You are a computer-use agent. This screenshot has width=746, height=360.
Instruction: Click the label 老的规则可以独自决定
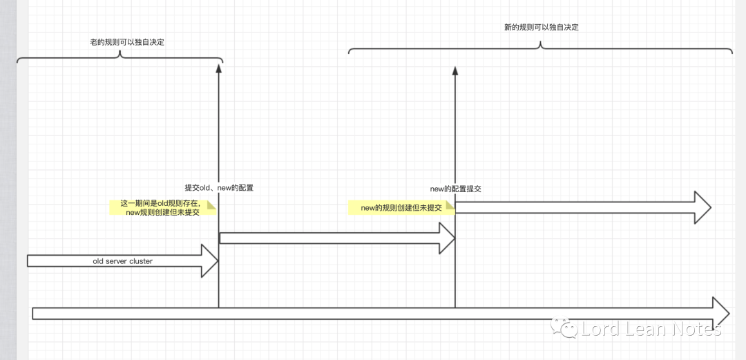122,43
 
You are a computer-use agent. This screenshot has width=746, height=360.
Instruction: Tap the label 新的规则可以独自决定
541,28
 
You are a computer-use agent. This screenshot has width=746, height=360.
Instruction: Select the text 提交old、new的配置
219,188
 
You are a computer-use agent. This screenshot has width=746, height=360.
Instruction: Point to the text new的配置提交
455,189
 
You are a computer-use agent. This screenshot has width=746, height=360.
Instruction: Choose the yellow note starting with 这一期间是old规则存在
163,208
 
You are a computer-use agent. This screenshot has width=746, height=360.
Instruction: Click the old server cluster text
122,261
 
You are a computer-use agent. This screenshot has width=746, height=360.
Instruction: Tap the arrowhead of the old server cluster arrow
210,260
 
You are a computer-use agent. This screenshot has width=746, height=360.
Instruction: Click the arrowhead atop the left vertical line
218,67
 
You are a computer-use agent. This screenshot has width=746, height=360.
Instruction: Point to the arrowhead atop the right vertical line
455,70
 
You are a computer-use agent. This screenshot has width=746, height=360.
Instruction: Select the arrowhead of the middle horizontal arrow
447,238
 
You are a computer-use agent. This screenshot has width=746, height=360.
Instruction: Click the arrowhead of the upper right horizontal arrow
702,207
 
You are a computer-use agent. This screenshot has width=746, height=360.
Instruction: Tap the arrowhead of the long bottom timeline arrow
720,313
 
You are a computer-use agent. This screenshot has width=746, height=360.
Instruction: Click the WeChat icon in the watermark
568,329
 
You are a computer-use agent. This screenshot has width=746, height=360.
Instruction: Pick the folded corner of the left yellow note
213,205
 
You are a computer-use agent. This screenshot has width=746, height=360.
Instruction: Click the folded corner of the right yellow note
450,205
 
